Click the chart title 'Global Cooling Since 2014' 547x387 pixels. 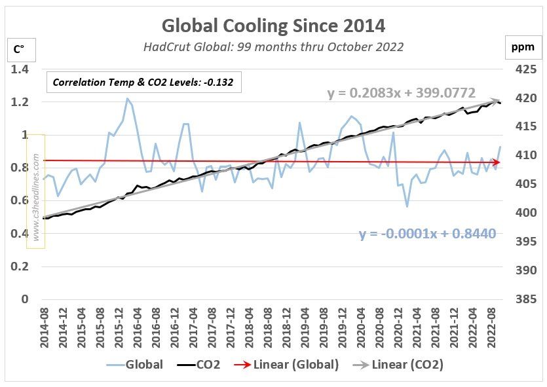[x=273, y=26]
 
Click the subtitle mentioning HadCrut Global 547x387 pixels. [x=273, y=46]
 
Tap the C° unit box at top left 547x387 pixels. [x=19, y=49]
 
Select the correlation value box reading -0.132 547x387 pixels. [x=143, y=83]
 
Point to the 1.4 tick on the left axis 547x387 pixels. [x=19, y=69]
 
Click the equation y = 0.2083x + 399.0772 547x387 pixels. [x=402, y=94]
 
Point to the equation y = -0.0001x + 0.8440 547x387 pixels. [x=426, y=234]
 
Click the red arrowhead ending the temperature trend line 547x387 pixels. [x=497, y=162]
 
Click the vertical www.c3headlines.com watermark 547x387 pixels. [x=35, y=191]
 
